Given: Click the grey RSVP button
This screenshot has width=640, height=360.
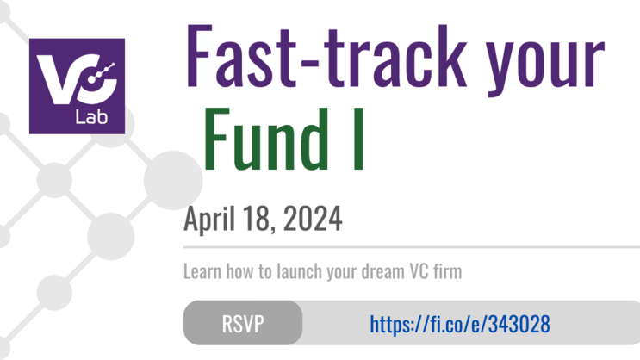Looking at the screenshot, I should tap(243, 324).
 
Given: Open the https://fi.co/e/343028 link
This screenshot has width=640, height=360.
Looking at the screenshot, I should tap(459, 324).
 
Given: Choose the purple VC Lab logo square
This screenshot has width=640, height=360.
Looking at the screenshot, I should tap(77, 86).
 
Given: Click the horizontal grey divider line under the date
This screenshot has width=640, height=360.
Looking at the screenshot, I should tap(405, 247).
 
